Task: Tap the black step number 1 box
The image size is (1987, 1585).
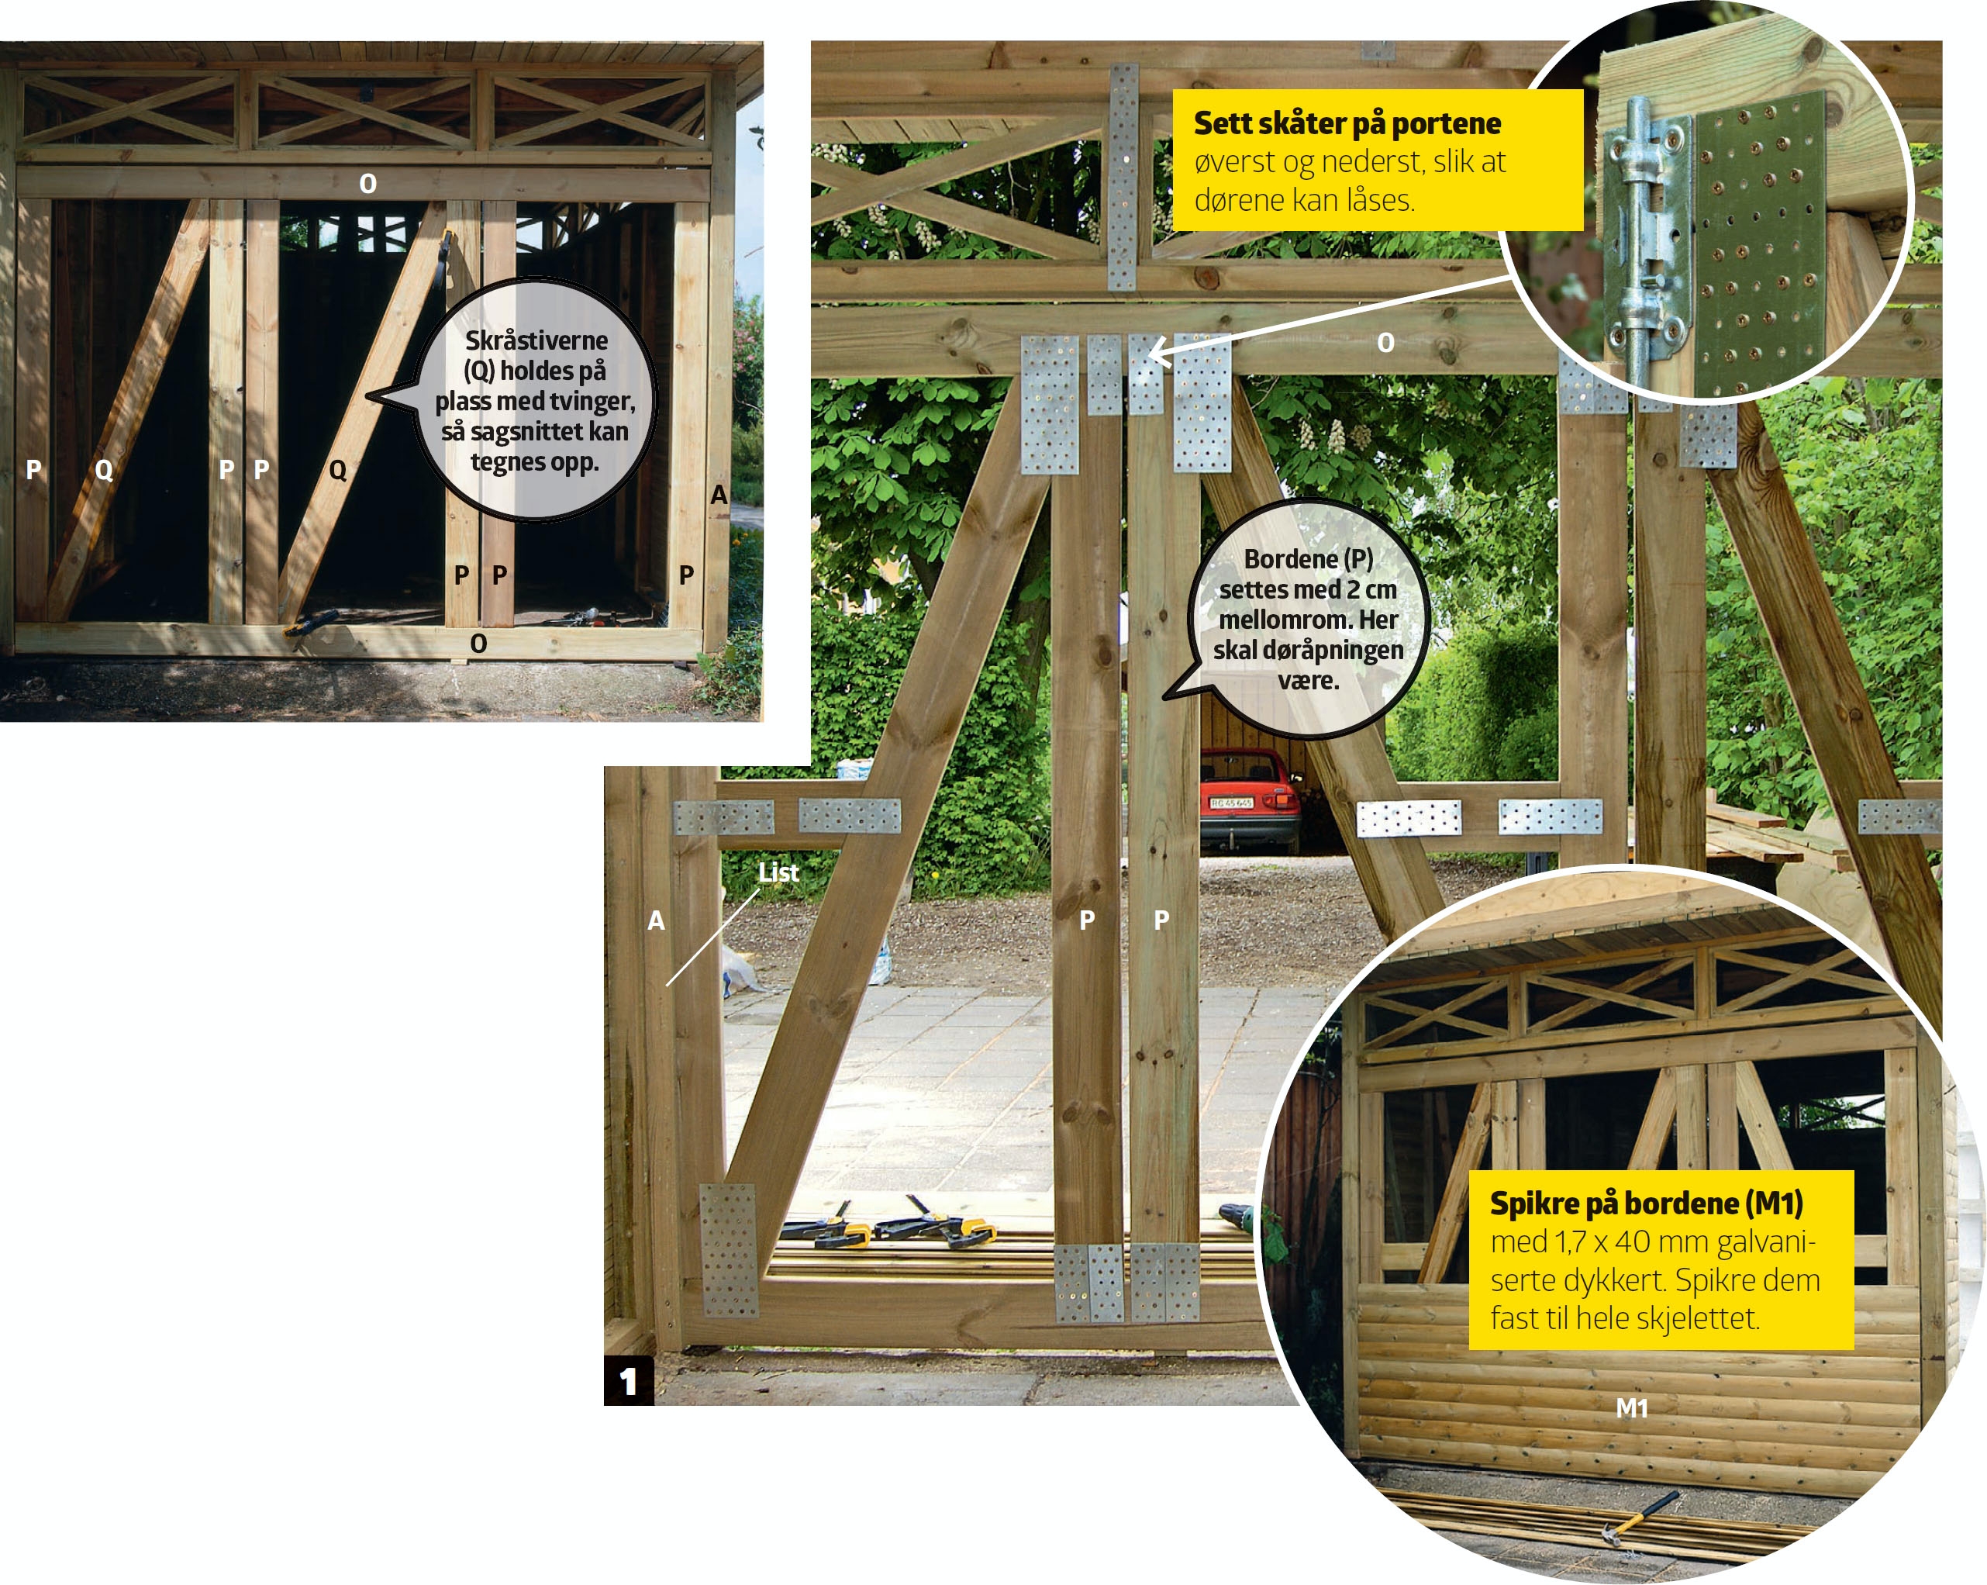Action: point(629,1380)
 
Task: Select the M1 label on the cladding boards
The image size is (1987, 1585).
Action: point(1631,1408)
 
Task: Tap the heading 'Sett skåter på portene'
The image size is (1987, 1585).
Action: point(1347,123)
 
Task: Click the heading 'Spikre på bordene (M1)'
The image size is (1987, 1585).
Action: point(1646,1203)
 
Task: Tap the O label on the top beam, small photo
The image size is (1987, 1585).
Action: point(367,184)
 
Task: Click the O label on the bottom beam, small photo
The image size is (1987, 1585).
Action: point(478,643)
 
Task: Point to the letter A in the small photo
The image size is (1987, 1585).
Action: point(719,496)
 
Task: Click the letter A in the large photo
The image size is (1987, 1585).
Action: point(655,920)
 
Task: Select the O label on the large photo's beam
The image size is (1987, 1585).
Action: point(1385,343)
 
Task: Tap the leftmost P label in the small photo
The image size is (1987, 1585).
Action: point(33,469)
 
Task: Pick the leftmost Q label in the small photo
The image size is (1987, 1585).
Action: point(104,470)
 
